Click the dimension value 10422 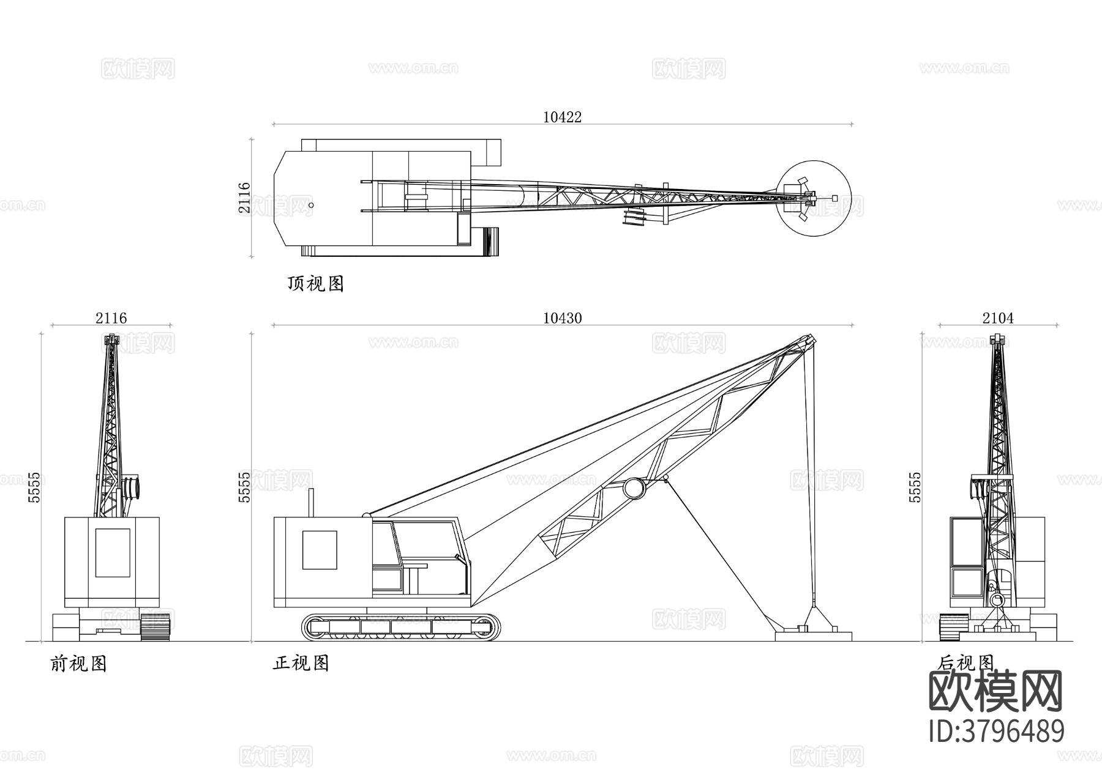pyautogui.click(x=562, y=116)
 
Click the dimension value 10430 pyautogui.click(x=562, y=318)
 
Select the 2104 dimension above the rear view pyautogui.click(x=998, y=318)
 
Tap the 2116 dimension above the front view pyautogui.click(x=111, y=318)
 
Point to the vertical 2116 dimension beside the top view pyautogui.click(x=244, y=198)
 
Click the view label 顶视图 pyautogui.click(x=315, y=284)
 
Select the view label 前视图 pyautogui.click(x=78, y=664)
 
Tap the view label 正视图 pyautogui.click(x=301, y=663)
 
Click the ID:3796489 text pyautogui.click(x=997, y=732)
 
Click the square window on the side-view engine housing pyautogui.click(x=319, y=549)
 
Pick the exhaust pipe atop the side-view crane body pyautogui.click(x=310, y=503)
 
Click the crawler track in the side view pyautogui.click(x=400, y=627)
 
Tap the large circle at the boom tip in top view pyautogui.click(x=814, y=197)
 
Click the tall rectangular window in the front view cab pyautogui.click(x=113, y=552)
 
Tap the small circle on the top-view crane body pyautogui.click(x=311, y=206)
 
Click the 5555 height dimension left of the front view pyautogui.click(x=35, y=487)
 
